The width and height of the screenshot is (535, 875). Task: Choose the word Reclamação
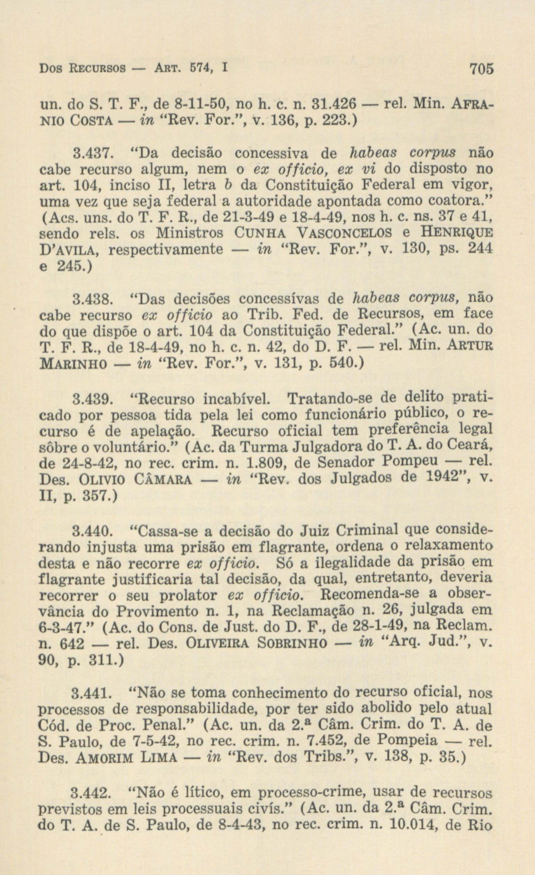coord(313,611)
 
